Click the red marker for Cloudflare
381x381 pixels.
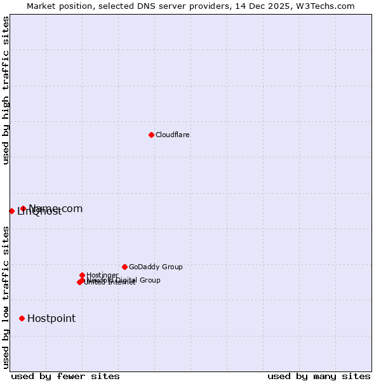tap(151, 135)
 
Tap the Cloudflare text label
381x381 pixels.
tap(173, 135)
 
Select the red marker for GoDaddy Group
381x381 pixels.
tap(124, 267)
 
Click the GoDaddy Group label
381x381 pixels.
tap(156, 267)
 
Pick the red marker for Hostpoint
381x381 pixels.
tap(22, 318)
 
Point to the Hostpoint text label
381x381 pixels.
tap(51, 319)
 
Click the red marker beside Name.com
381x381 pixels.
tap(23, 208)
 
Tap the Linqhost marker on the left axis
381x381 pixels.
tap(11, 211)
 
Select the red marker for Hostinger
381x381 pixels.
tap(82, 275)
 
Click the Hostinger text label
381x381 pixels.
tap(102, 276)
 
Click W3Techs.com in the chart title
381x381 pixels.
tap(324, 6)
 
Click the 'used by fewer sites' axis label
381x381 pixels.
tap(65, 376)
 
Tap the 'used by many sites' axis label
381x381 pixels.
tap(319, 376)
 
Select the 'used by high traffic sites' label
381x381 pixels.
tap(6, 90)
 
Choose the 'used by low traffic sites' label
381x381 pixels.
tap(6, 297)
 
